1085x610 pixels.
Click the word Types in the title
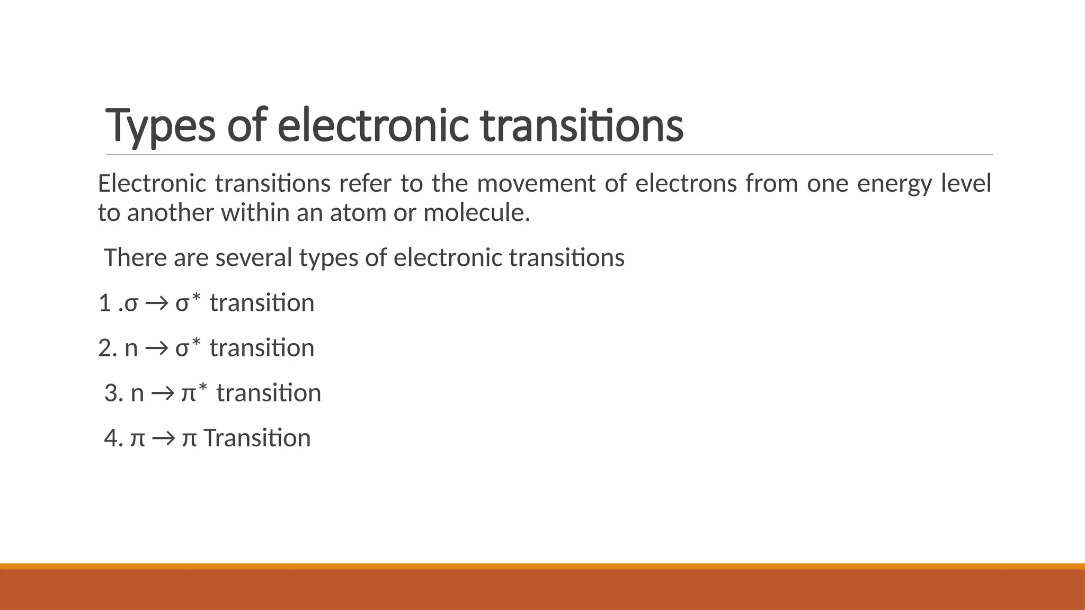161,125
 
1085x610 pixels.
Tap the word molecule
476,213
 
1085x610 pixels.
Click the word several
254,258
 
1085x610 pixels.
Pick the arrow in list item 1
156,303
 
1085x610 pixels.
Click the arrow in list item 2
156,348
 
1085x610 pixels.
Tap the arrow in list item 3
163,393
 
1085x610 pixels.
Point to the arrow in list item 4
163,438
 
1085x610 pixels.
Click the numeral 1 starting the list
105,303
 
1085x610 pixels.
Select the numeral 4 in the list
111,438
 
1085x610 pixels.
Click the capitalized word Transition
257,438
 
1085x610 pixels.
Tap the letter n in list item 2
131,349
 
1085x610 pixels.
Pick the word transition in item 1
262,303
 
